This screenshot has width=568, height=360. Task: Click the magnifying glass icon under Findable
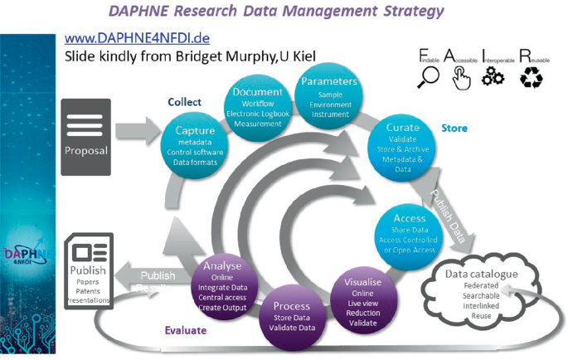(430, 77)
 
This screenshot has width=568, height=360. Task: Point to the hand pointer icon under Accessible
(462, 77)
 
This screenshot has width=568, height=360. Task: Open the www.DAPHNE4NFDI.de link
(135, 39)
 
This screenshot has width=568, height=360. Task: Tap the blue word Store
(454, 129)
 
